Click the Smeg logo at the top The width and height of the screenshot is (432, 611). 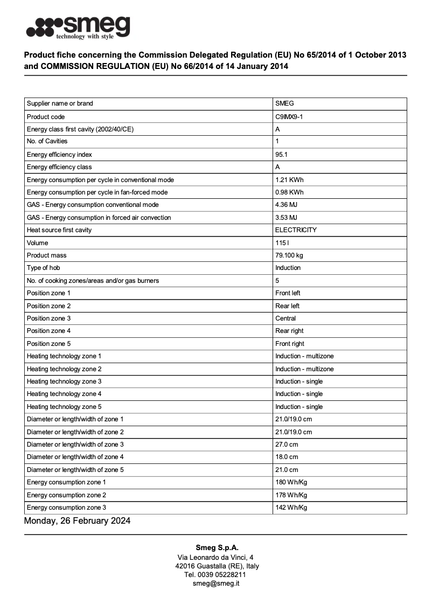(78, 27)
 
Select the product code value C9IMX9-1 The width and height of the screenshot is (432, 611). (289, 116)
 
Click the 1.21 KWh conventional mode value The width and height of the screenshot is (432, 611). (289, 179)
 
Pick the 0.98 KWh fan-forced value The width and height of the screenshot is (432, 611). (289, 192)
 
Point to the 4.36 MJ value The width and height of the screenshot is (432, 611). (286, 205)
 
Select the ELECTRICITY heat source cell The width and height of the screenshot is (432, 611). (296, 230)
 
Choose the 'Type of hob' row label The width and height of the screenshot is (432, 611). (43, 268)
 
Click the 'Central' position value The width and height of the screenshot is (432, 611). (285, 318)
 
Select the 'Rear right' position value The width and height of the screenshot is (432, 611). (289, 331)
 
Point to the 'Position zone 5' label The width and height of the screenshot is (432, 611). (48, 344)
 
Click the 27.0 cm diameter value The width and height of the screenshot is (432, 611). (287, 445)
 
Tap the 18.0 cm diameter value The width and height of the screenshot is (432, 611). (287, 457)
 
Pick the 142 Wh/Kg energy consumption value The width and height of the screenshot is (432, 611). (291, 508)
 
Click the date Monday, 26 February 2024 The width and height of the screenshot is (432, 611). (77, 521)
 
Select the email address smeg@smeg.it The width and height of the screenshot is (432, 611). (216, 583)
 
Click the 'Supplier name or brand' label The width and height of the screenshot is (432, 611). (60, 103)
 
